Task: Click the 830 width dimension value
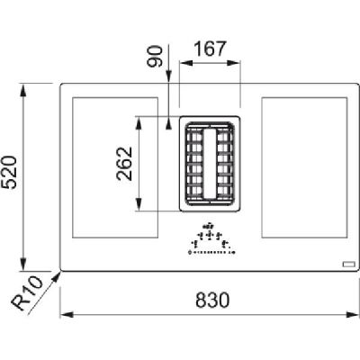212,300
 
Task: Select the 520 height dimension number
9,172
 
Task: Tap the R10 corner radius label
26,293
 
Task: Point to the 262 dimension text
124,164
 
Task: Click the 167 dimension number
210,49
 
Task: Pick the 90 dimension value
155,56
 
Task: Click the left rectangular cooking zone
115,167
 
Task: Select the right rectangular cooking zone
304,167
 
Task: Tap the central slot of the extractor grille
210,164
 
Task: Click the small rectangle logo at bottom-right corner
349,265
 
